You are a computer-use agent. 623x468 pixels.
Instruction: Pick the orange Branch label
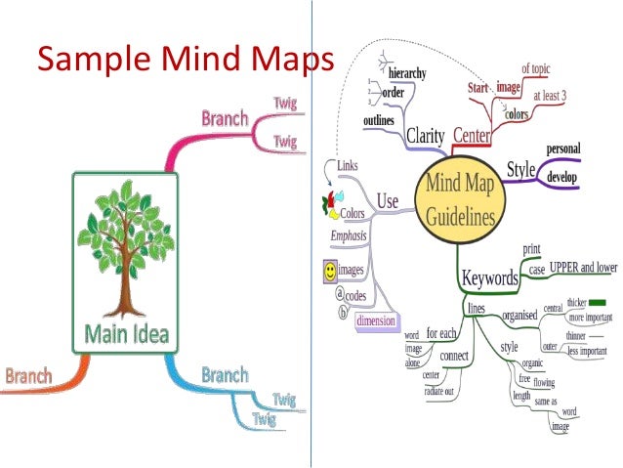tap(28, 374)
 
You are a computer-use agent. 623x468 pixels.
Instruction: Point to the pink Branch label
tap(225, 119)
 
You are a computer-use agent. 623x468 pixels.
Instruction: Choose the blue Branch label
tap(226, 375)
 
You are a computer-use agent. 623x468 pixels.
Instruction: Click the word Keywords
tap(489, 277)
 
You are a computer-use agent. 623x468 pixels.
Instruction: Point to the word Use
tap(388, 201)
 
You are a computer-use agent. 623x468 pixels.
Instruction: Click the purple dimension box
tap(374, 320)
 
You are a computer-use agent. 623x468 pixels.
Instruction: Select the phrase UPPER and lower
tap(582, 267)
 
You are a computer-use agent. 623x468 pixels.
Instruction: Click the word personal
tap(562, 149)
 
